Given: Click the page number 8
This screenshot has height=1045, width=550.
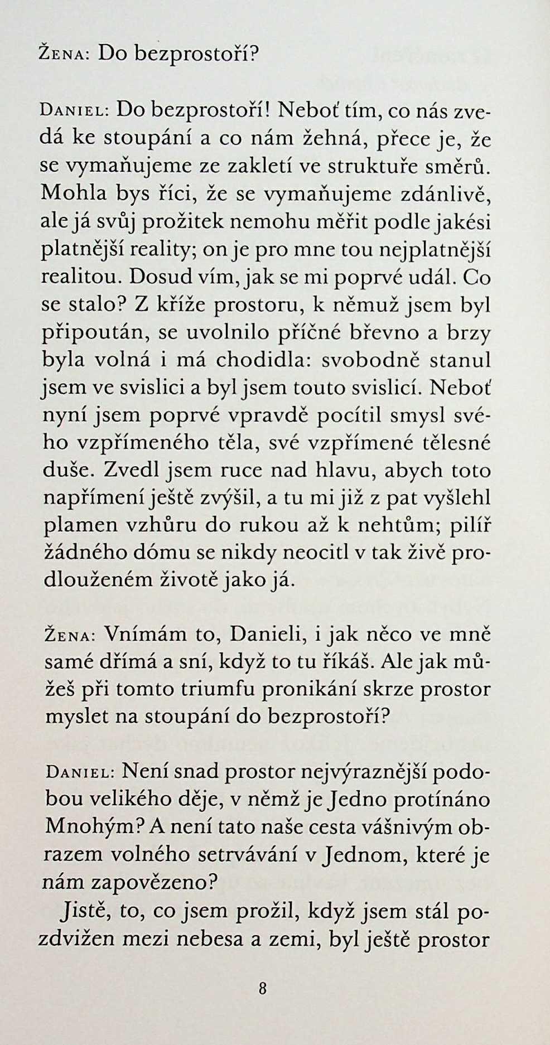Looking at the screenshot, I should (263, 989).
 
